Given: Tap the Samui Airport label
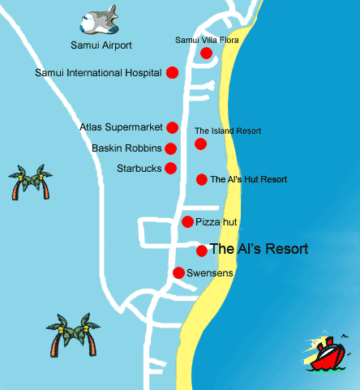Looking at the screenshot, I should point(101,45).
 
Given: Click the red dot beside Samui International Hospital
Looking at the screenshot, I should point(172,73).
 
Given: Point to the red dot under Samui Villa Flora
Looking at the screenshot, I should point(206,54).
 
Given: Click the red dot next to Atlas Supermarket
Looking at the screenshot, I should point(172,127).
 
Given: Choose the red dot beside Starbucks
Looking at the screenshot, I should point(170,169).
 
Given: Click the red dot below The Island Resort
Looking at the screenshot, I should point(200,144).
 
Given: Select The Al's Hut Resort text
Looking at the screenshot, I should point(248,179).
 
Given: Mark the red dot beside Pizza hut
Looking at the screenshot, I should point(187,221).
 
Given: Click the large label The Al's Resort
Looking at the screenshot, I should point(258,250).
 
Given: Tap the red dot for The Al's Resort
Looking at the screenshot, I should point(201,250).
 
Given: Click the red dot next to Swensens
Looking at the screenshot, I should point(178,272).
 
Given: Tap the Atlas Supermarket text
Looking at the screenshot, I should point(122,127).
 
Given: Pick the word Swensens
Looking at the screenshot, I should point(210,273).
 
